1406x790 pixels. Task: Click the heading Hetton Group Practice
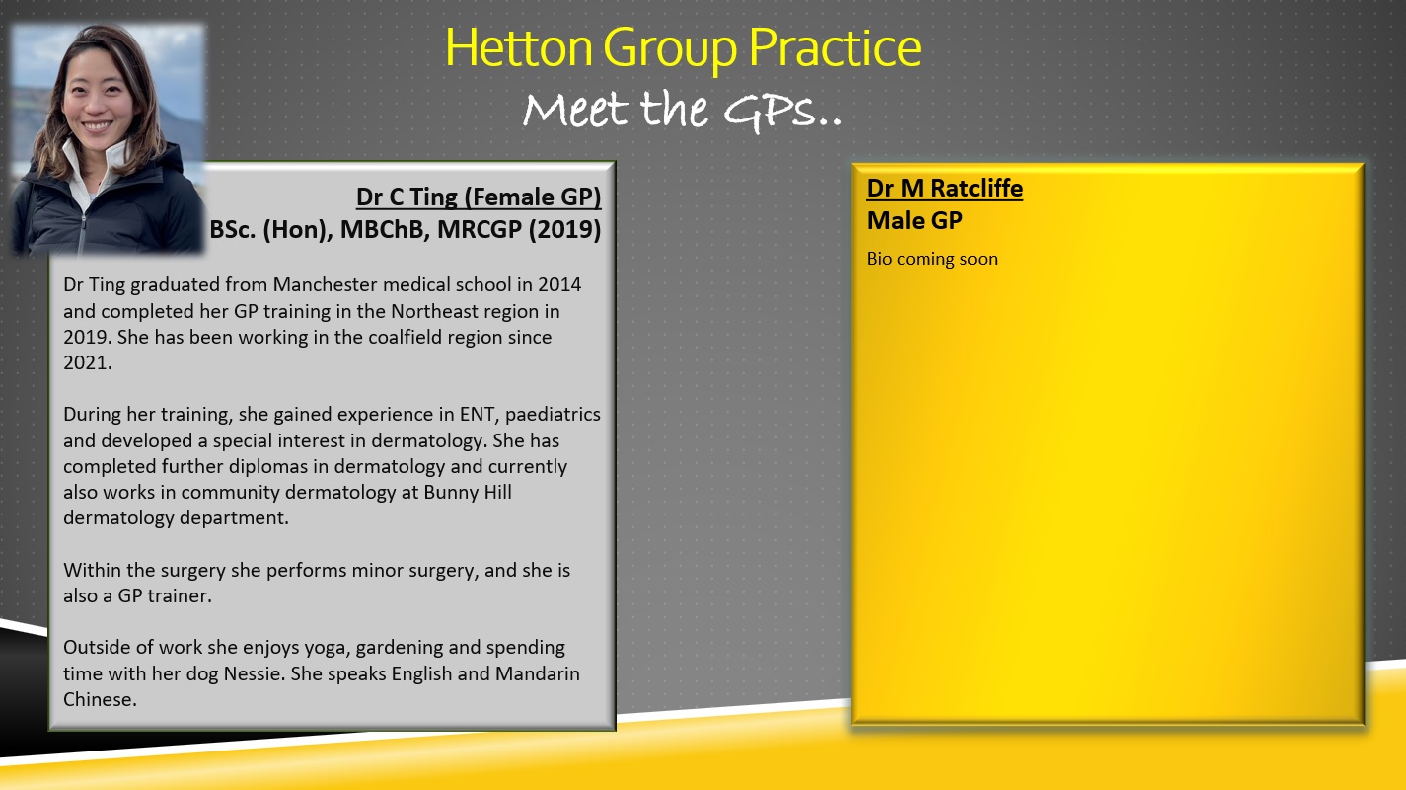click(683, 47)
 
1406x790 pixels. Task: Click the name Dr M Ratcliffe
click(944, 188)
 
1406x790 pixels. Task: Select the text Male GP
click(914, 221)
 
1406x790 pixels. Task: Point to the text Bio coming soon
click(931, 260)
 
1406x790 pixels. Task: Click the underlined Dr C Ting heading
click(479, 197)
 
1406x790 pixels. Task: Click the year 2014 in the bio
click(559, 284)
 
